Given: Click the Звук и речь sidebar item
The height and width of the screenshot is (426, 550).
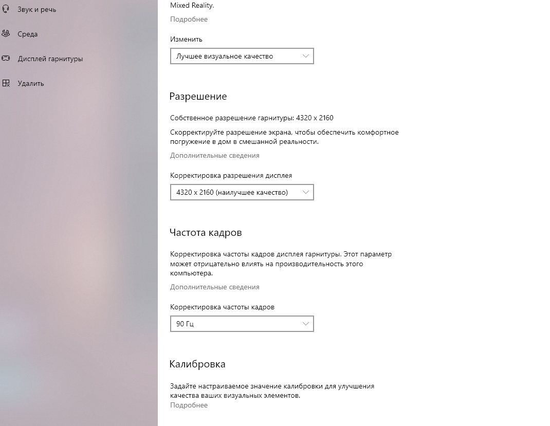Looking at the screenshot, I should click(x=36, y=10).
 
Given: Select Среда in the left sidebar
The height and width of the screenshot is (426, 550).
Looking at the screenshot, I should click(x=27, y=34).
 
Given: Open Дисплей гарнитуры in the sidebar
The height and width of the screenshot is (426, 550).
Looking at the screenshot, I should click(x=50, y=59).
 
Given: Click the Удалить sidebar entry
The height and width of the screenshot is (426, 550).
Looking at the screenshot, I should click(x=30, y=83).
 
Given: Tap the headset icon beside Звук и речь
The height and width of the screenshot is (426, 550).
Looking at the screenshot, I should click(x=6, y=9).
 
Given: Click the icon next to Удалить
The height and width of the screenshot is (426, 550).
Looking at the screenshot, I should click(x=6, y=83).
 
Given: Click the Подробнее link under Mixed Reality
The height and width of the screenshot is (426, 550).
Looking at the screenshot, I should click(x=189, y=19).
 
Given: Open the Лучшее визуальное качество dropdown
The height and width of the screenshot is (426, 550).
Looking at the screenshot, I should click(x=242, y=56).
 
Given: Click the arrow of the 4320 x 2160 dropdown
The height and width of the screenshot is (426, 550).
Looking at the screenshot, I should click(x=306, y=192).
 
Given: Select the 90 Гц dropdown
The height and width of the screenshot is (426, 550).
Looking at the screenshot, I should click(x=242, y=324).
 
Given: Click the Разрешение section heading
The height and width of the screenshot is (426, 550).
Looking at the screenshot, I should click(x=198, y=97).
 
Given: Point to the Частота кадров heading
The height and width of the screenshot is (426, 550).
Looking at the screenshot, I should click(x=205, y=233).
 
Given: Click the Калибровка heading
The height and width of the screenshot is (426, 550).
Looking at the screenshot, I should click(x=197, y=364).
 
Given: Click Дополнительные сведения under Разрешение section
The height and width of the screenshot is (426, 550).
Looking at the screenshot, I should click(x=214, y=155).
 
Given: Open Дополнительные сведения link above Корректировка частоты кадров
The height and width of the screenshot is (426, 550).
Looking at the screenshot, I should click(x=214, y=287).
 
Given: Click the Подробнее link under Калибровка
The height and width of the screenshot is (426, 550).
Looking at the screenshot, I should click(x=189, y=405).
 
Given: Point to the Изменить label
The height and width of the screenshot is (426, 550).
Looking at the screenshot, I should click(x=186, y=39).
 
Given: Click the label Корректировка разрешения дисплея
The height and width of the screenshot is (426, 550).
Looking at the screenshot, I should click(x=231, y=175).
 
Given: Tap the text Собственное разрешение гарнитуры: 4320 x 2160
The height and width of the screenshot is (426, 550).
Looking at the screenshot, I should click(x=251, y=118).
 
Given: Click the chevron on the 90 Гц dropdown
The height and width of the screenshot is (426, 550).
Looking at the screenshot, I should click(x=306, y=324).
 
